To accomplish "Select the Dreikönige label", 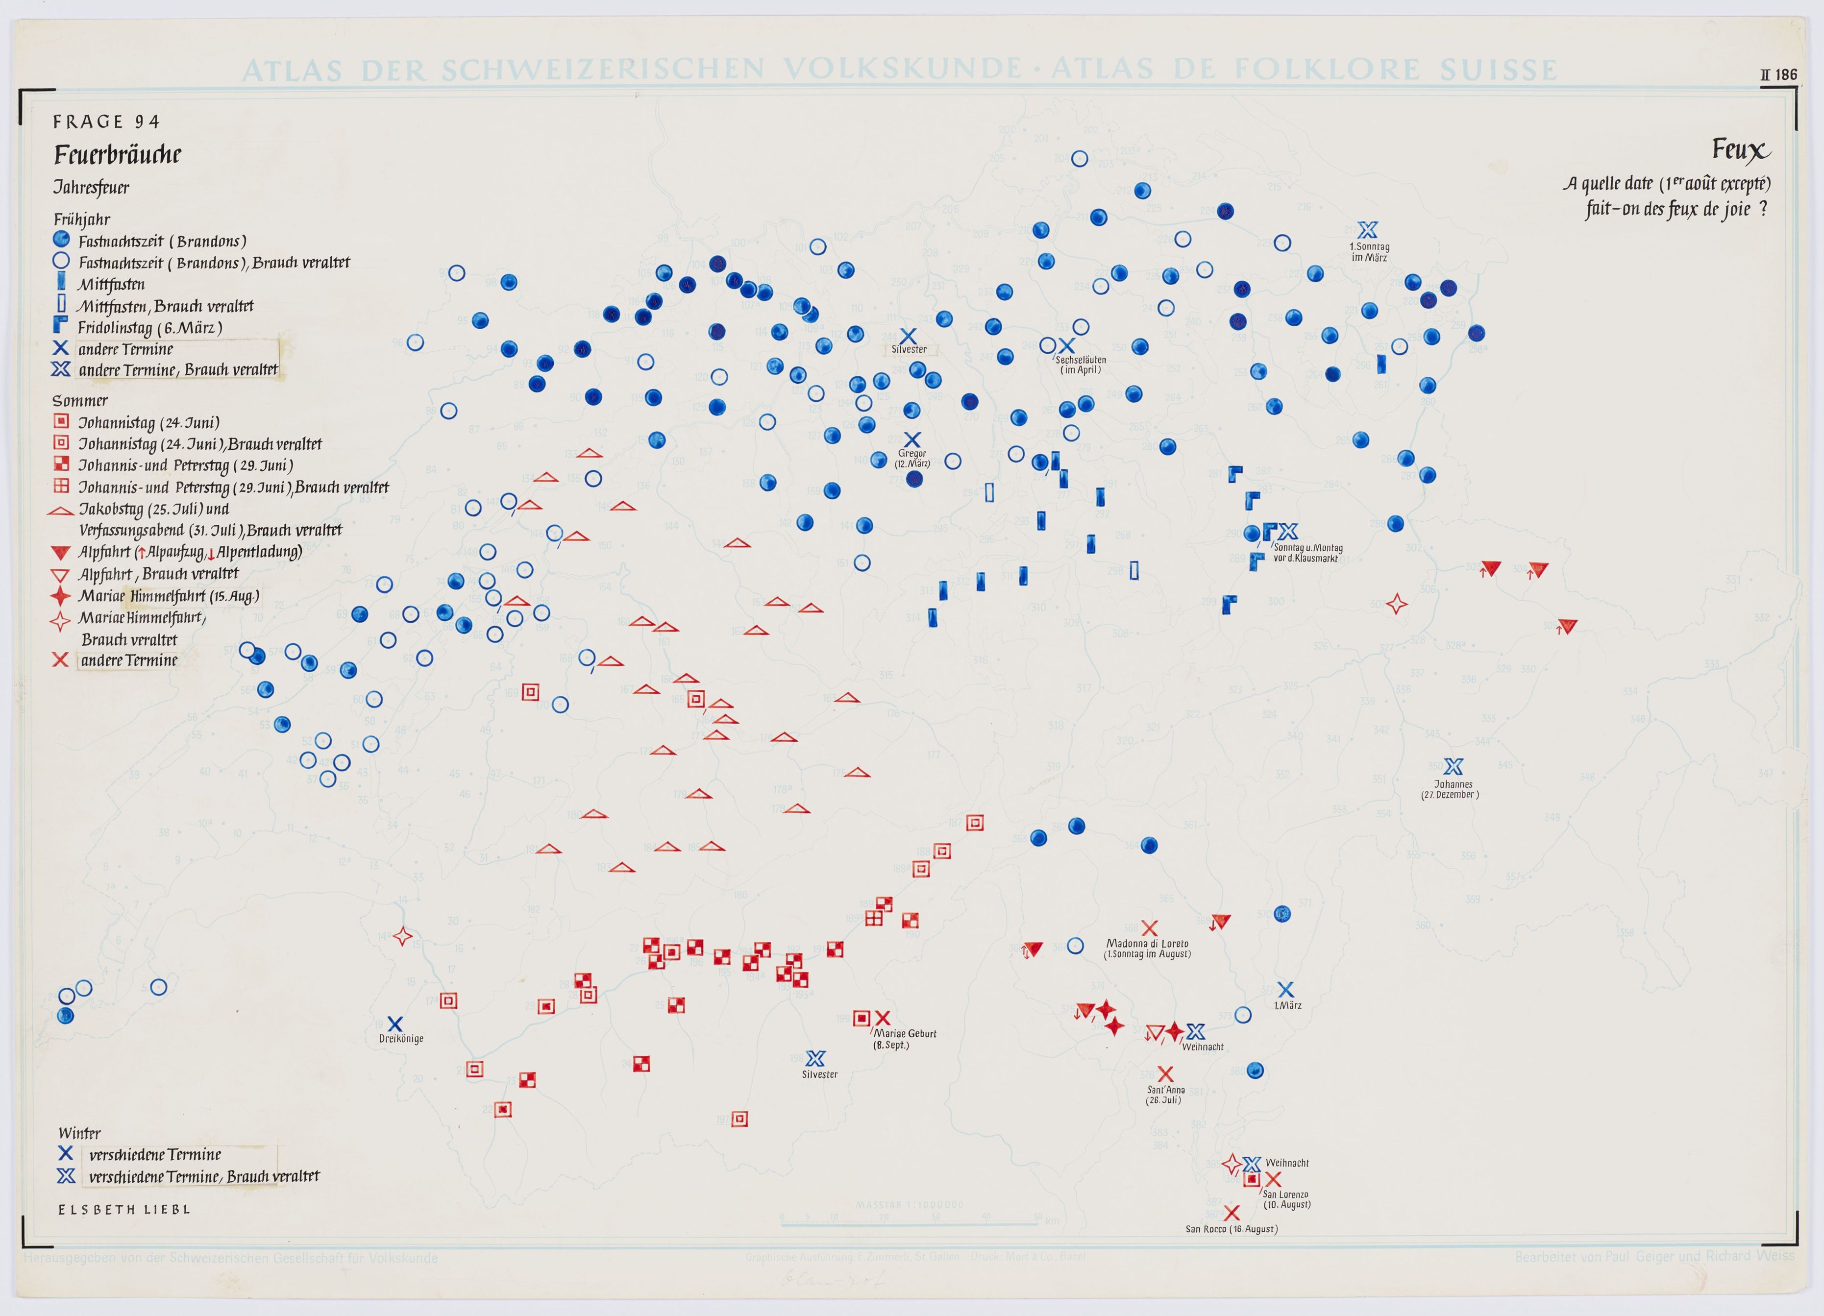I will (x=400, y=1039).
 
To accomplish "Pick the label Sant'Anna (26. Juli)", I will (x=1165, y=1095).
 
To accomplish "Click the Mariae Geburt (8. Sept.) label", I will (x=905, y=1039).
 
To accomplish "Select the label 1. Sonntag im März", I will (x=1369, y=252).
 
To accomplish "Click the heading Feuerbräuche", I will (x=118, y=154).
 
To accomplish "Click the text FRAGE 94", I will (x=106, y=122).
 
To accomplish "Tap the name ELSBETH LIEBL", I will (x=124, y=1209).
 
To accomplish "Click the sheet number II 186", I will (x=1778, y=75).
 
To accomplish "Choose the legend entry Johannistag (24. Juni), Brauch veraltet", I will (x=199, y=444).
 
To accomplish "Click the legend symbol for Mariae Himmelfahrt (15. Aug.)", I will (x=60, y=596).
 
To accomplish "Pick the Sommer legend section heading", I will (x=79, y=400).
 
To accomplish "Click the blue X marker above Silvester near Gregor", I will (x=908, y=336).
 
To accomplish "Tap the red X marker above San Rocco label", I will (x=1232, y=1212).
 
